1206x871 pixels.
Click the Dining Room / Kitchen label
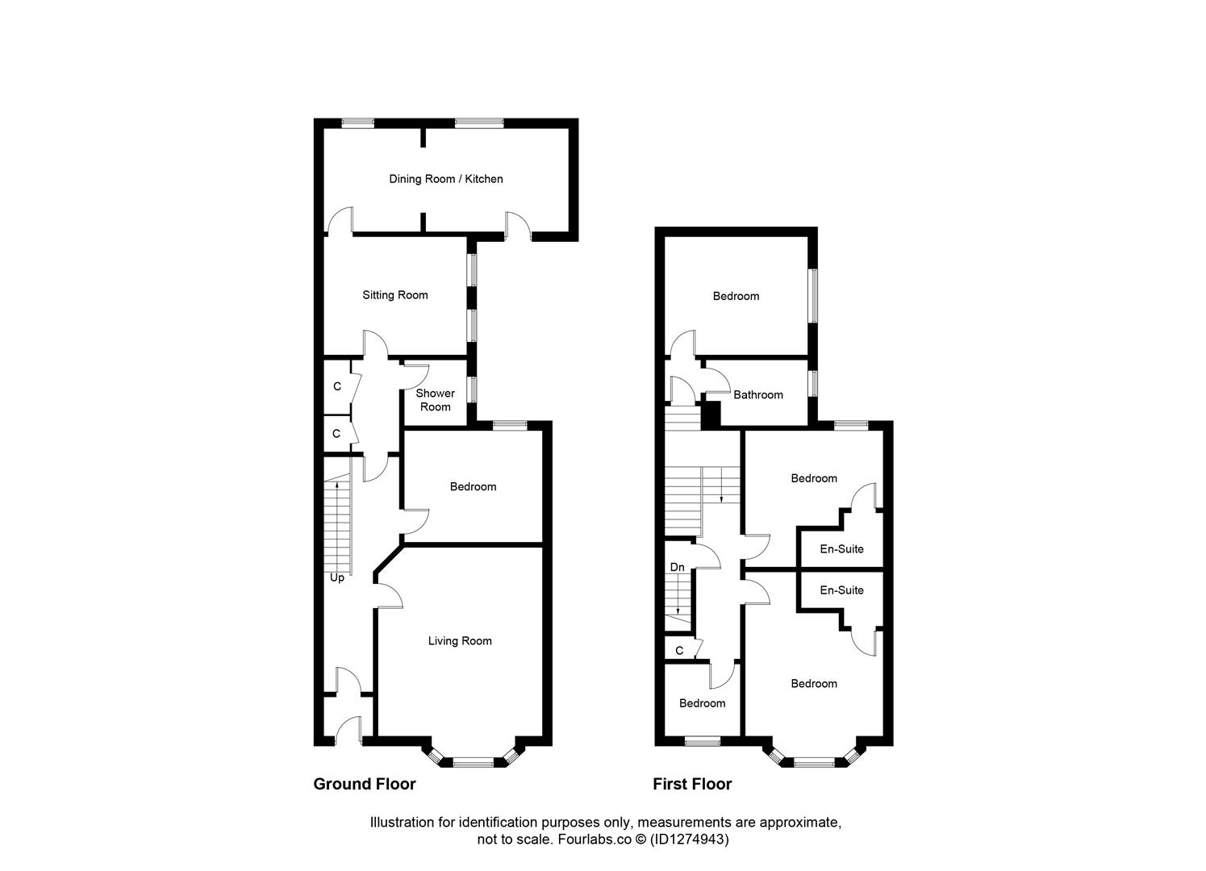(x=445, y=179)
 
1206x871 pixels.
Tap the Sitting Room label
(x=394, y=295)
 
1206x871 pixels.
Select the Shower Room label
(x=435, y=400)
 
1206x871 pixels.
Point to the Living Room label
(x=459, y=641)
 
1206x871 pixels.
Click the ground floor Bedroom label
(x=473, y=486)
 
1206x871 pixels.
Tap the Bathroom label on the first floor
(x=757, y=394)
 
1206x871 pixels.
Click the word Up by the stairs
(x=336, y=577)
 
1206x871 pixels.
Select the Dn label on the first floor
(x=677, y=567)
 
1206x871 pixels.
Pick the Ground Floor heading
(x=364, y=784)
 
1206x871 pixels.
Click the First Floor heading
(x=691, y=784)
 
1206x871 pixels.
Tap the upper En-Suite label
(x=841, y=549)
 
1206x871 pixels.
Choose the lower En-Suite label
(x=841, y=590)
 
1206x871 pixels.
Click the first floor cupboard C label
(x=678, y=650)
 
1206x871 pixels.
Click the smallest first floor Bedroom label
(x=702, y=703)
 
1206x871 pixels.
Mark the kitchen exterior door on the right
(x=518, y=226)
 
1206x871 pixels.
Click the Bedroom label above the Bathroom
(x=736, y=296)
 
